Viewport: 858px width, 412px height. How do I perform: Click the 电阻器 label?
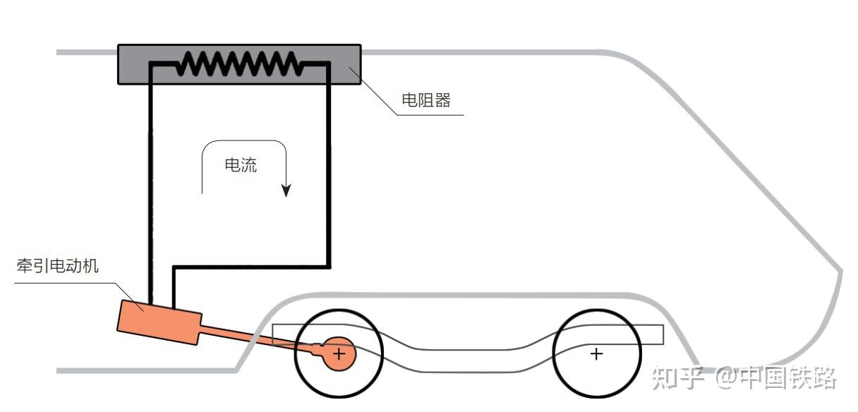(425, 100)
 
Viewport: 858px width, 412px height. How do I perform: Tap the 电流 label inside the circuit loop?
(241, 166)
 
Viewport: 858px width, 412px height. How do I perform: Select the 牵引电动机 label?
(58, 266)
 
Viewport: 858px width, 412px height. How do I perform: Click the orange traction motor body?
(159, 322)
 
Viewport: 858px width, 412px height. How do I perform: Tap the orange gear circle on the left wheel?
(339, 353)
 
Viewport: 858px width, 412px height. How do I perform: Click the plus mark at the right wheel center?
(597, 353)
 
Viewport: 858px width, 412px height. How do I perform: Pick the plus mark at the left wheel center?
(339, 353)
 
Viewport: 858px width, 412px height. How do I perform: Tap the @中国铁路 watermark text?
(776, 378)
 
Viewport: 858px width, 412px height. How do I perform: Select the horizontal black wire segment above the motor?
(250, 267)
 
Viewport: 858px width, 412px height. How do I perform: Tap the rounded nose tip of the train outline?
(840, 272)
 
